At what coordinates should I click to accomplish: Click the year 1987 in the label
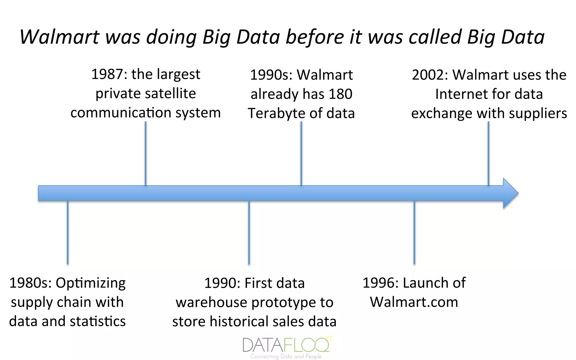click(x=107, y=75)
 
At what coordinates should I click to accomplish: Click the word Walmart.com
click(x=414, y=302)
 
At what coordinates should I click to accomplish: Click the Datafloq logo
click(x=286, y=345)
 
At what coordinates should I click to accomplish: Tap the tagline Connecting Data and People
click(x=286, y=356)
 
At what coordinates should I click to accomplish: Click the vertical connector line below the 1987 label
click(x=145, y=153)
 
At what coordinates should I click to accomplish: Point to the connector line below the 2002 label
click(x=489, y=153)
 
